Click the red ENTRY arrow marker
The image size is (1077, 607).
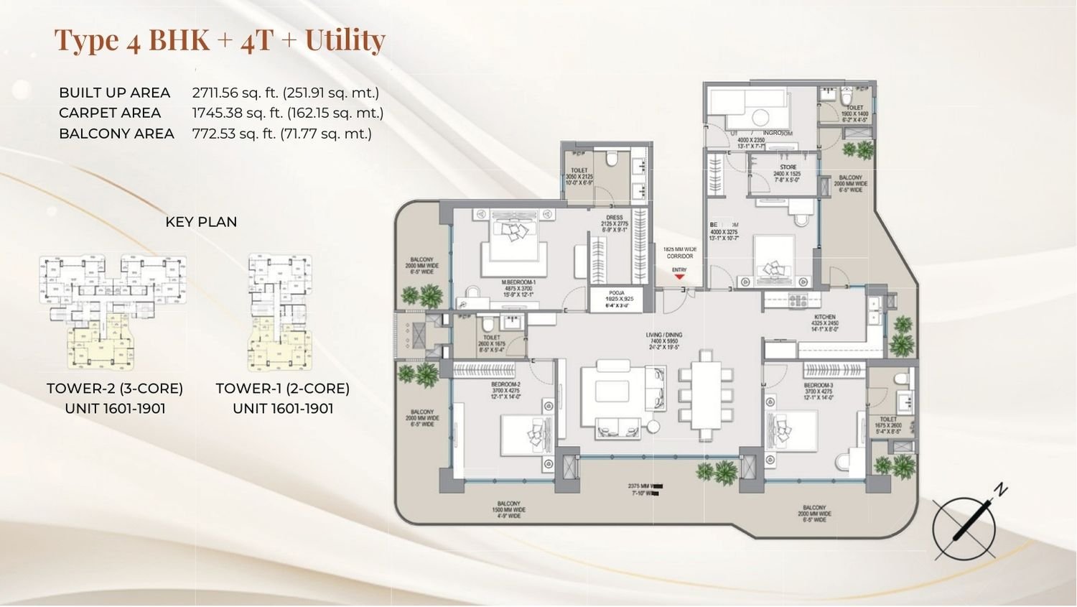coord(679,277)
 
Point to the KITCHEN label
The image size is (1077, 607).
coord(825,317)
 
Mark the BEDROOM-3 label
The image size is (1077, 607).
coord(818,386)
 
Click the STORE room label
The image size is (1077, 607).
coord(788,167)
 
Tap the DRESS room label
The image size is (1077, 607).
coord(614,217)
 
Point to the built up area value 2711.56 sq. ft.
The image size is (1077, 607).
coord(285,93)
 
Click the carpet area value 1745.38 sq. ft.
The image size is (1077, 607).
coord(287,113)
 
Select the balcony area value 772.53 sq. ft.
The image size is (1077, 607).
coord(281,134)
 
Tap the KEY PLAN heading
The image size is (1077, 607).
coord(201,222)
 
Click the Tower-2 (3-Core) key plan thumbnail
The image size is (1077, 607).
coord(113,312)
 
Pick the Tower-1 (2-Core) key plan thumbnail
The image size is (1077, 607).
coord(280,312)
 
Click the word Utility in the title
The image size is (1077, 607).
coord(345,40)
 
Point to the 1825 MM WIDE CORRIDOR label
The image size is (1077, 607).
coord(679,253)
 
